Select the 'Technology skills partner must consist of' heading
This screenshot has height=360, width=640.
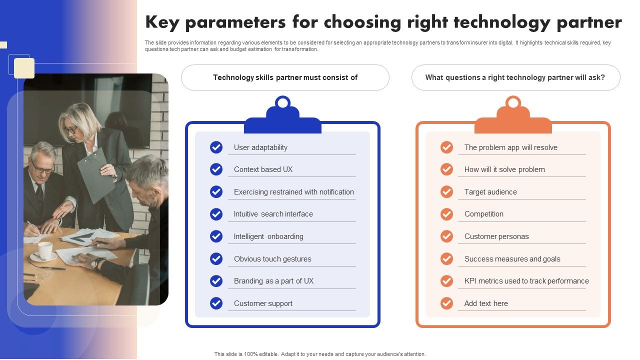pyautogui.click(x=285, y=77)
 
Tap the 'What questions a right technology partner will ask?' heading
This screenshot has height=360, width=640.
pyautogui.click(x=515, y=77)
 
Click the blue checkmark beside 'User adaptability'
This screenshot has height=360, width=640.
pyautogui.click(x=216, y=147)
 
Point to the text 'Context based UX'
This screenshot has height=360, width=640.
pyautogui.click(x=263, y=169)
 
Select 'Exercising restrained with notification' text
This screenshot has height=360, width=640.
pyautogui.click(x=293, y=192)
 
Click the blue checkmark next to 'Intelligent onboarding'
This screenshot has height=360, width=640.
pyautogui.click(x=216, y=236)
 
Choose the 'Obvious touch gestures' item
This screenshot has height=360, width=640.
pyautogui.click(x=272, y=259)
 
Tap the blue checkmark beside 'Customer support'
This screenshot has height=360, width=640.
pyautogui.click(x=216, y=303)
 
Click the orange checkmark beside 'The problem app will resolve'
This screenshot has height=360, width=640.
pyautogui.click(x=446, y=147)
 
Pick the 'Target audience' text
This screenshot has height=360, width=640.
pyautogui.click(x=490, y=192)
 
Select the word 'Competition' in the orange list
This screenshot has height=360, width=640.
pyautogui.click(x=483, y=214)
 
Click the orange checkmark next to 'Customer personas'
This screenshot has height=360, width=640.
pyautogui.click(x=446, y=236)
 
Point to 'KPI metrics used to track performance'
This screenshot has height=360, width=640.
pyautogui.click(x=526, y=281)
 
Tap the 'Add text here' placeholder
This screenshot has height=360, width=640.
pyautogui.click(x=485, y=303)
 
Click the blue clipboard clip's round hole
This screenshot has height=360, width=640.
pyautogui.click(x=282, y=103)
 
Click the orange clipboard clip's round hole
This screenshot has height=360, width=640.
pyautogui.click(x=513, y=103)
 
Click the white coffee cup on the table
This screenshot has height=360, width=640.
pyautogui.click(x=45, y=250)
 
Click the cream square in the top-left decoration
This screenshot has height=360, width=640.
pyautogui.click(x=24, y=68)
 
